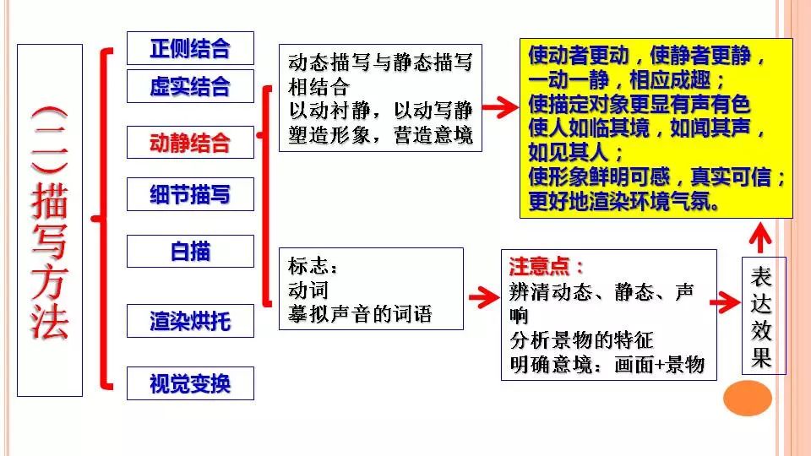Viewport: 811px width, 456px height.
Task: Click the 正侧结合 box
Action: tap(190, 47)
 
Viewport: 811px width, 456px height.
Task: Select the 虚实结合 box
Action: tap(190, 86)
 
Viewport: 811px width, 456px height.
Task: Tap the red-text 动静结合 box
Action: tap(190, 142)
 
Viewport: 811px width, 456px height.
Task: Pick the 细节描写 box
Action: tap(190, 195)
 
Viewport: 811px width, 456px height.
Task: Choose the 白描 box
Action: tap(190, 251)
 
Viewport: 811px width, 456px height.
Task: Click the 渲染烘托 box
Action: tap(190, 322)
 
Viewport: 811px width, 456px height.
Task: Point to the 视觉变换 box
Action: tap(190, 384)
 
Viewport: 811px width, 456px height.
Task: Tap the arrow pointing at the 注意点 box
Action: tap(482, 297)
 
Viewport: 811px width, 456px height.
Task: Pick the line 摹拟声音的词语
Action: tap(360, 315)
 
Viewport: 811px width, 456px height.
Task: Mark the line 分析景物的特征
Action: tap(582, 341)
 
